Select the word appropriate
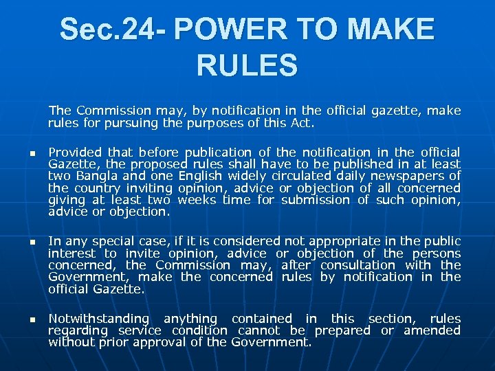[x=352, y=241]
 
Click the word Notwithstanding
[x=98, y=319]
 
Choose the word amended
[x=434, y=330]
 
